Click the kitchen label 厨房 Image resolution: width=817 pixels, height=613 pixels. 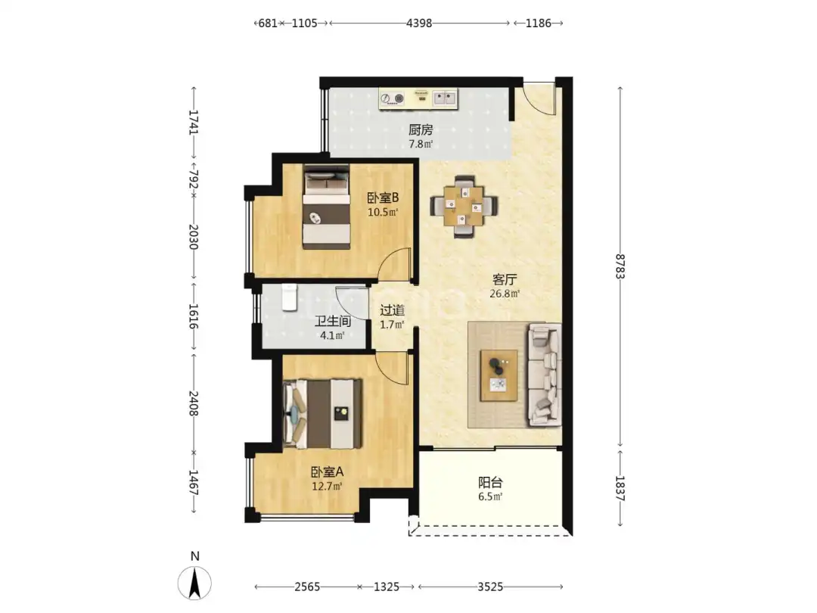click(x=421, y=130)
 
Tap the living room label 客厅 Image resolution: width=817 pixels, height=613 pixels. click(x=505, y=279)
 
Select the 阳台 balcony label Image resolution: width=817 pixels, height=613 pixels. click(x=490, y=483)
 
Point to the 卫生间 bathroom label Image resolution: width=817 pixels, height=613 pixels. click(x=332, y=322)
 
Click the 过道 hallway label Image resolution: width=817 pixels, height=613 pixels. click(x=392, y=311)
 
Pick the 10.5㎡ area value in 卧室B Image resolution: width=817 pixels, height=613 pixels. click(x=383, y=212)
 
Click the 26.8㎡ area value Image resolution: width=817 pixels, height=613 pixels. click(x=505, y=294)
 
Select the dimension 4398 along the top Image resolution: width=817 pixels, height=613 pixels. click(x=419, y=23)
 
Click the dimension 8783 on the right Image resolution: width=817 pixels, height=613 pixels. click(x=620, y=266)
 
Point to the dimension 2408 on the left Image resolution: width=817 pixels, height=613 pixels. click(x=194, y=403)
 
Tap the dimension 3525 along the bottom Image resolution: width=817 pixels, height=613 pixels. click(x=490, y=587)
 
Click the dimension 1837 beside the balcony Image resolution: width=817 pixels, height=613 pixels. click(x=620, y=488)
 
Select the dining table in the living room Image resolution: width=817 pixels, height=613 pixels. click(x=464, y=207)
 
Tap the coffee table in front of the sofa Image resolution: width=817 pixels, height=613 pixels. click(x=499, y=375)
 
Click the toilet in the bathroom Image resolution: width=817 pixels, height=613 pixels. click(x=289, y=297)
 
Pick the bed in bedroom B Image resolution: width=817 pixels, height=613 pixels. click(x=327, y=207)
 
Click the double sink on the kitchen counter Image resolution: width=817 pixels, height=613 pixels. click(x=445, y=98)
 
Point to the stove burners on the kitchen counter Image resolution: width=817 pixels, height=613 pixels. click(x=393, y=98)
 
